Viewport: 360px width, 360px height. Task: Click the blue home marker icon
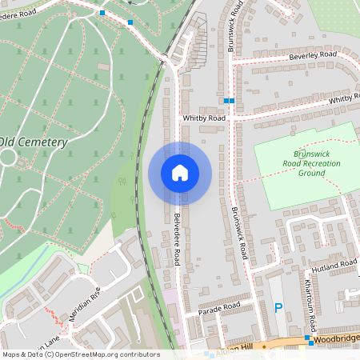(180, 173)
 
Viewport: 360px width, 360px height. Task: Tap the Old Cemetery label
(34, 142)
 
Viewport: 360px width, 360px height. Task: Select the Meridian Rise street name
(85, 305)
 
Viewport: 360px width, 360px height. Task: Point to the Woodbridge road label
(337, 340)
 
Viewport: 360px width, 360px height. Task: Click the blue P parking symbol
(278, 307)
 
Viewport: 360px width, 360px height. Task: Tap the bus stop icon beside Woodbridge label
(308, 339)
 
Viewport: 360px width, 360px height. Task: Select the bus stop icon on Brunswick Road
(230, 101)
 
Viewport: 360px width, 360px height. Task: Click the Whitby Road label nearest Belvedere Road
(204, 118)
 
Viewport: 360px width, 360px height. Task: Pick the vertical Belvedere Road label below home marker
(175, 239)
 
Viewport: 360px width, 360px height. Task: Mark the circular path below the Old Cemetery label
(6, 157)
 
